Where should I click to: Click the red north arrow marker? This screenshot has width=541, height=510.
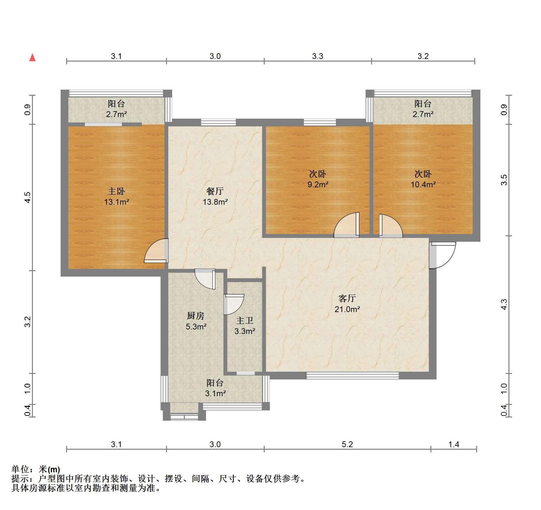(32, 58)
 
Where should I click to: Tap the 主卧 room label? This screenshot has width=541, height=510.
(116, 191)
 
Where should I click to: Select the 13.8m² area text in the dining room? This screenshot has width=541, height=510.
(215, 202)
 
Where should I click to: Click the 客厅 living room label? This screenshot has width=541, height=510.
(347, 299)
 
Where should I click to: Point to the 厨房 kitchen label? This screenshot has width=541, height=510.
(196, 316)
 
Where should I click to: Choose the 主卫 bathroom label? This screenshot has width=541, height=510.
(245, 320)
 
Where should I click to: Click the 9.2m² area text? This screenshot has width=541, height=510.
(318, 185)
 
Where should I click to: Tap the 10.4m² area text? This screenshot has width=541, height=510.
(423, 185)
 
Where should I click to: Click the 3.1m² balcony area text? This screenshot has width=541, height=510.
(215, 393)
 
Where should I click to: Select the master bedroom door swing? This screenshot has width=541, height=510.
(157, 250)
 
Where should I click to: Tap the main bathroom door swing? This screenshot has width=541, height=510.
(234, 304)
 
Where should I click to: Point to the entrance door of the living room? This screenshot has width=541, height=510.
(442, 255)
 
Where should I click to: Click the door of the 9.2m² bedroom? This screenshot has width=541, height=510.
(347, 225)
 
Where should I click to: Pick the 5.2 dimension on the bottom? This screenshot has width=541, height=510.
(347, 445)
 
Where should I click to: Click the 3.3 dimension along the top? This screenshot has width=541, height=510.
(318, 56)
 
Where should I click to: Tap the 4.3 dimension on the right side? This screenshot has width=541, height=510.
(504, 304)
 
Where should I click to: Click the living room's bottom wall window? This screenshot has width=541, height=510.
(352, 376)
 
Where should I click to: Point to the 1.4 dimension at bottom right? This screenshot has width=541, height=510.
(454, 445)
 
